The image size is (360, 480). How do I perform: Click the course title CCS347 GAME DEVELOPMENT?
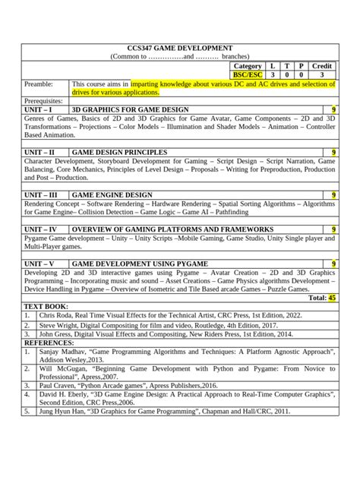coord(179,48)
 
